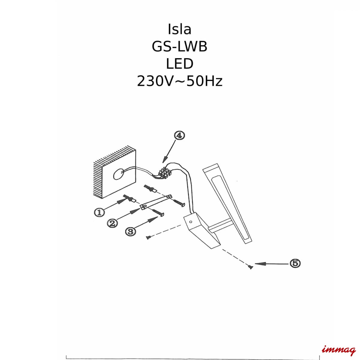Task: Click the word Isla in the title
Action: pyautogui.click(x=179, y=29)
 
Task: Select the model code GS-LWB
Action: pyautogui.click(x=179, y=46)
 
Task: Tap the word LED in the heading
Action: pyautogui.click(x=179, y=64)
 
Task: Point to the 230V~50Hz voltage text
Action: pyautogui.click(x=179, y=81)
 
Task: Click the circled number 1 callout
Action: pyautogui.click(x=99, y=212)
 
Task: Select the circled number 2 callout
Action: pyautogui.click(x=113, y=223)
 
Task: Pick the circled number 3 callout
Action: pyautogui.click(x=130, y=232)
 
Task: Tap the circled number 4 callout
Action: pyautogui.click(x=179, y=136)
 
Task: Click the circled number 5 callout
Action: pyautogui.click(x=295, y=263)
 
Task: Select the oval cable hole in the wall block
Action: pyautogui.click(x=118, y=174)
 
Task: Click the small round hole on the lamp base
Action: pyautogui.click(x=190, y=222)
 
